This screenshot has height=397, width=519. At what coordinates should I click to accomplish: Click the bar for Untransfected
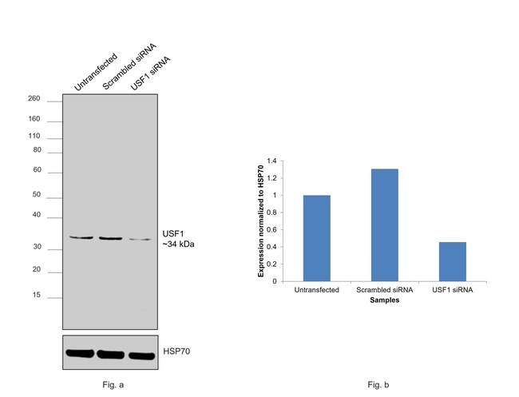317,238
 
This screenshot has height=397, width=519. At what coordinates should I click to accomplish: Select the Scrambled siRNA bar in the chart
384,224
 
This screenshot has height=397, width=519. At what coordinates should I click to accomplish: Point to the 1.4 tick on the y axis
271,161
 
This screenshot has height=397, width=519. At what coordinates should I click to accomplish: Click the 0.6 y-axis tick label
271,229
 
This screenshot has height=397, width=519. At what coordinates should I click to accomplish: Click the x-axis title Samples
384,301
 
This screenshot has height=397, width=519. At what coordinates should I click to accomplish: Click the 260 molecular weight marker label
34,99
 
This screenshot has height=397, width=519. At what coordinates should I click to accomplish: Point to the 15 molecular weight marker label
36,296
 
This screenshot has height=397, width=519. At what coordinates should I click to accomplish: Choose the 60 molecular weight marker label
36,170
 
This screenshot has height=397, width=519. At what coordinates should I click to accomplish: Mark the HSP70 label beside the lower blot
176,351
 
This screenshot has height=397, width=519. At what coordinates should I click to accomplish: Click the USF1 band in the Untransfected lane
81,237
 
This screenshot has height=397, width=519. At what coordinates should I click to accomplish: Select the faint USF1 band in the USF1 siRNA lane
140,239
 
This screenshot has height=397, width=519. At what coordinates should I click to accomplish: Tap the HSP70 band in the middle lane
110,352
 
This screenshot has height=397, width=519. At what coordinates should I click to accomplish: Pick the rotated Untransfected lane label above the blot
94,72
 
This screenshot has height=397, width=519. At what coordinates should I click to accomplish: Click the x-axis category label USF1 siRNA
452,290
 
